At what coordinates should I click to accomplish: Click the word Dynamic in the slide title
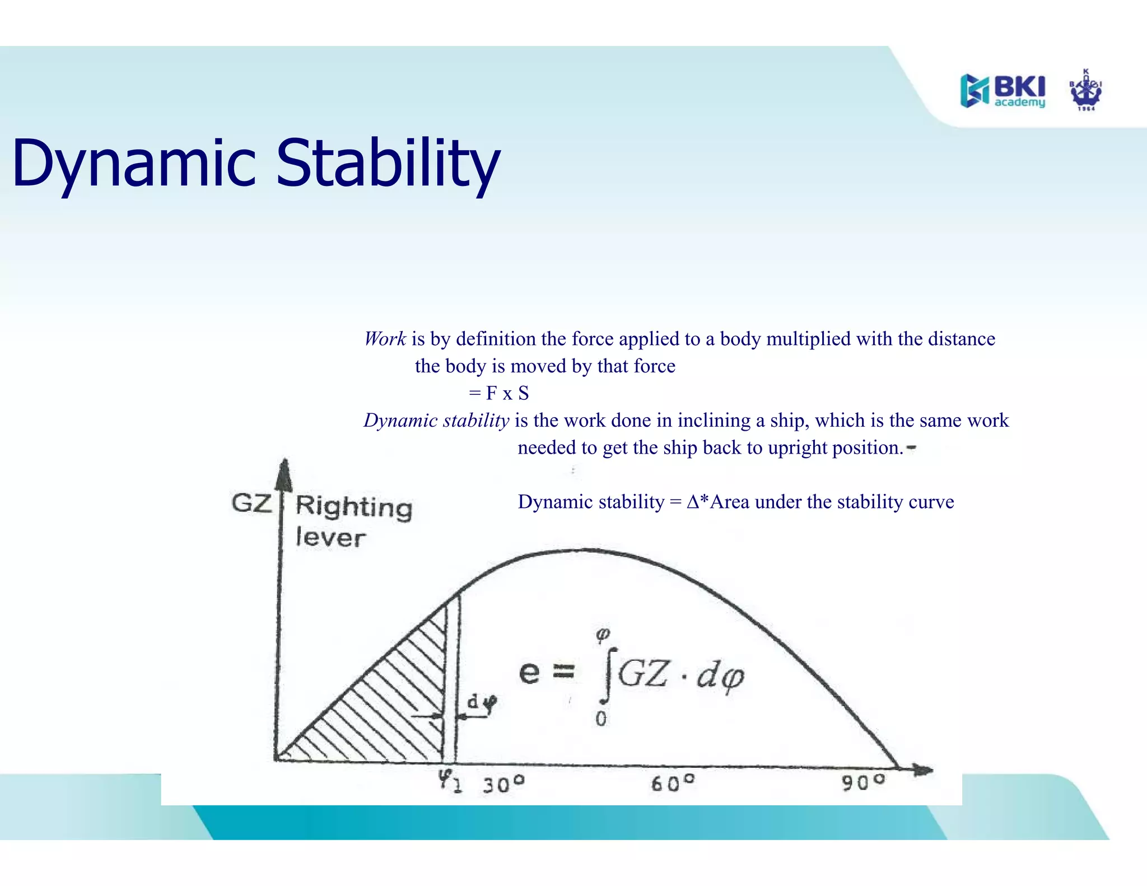coord(134,164)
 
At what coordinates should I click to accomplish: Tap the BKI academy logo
coord(1003,91)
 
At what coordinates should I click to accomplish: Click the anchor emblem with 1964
coord(1085,91)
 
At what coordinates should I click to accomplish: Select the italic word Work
coord(385,339)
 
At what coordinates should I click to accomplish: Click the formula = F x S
coord(499,393)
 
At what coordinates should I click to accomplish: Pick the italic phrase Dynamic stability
coord(436,420)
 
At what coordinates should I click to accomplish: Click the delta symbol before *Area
coord(693,502)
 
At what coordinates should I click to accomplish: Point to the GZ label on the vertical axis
coord(251,502)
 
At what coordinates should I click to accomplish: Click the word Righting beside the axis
coord(354,507)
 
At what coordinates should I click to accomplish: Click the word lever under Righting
coord(330,538)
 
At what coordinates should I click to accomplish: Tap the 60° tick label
coord(672,783)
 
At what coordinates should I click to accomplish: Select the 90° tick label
coord(863,782)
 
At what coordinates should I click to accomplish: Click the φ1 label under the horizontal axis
coord(450,780)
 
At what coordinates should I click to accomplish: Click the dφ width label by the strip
coord(482,703)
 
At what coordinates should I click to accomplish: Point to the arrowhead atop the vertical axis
coord(285,473)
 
